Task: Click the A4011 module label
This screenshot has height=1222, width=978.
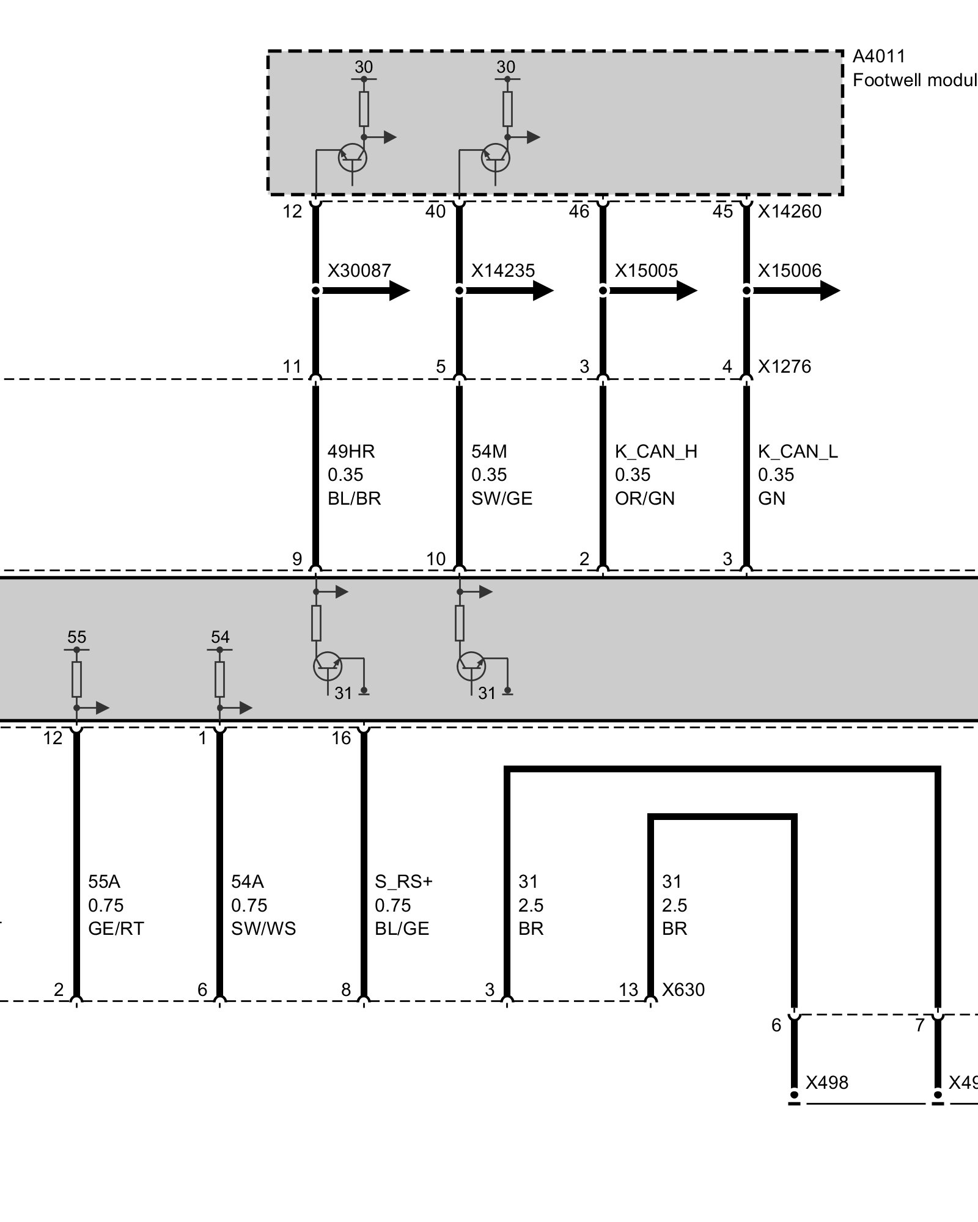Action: [878, 56]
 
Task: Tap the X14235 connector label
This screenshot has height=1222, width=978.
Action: [502, 270]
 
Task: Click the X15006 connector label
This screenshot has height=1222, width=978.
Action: [790, 270]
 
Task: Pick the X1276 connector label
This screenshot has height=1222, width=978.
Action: [784, 367]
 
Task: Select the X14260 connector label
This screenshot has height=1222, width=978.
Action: [790, 211]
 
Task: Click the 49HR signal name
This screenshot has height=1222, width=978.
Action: [351, 452]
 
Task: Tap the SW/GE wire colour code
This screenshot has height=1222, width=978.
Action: [502, 499]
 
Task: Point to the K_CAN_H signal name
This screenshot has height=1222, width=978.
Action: [656, 452]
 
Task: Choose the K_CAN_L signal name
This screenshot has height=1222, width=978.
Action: [798, 452]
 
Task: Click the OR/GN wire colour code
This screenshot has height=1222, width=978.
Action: [645, 499]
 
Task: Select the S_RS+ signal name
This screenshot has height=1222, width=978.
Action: [403, 882]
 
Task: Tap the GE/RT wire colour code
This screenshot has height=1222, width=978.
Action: [116, 929]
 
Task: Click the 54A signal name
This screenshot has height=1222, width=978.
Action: [248, 882]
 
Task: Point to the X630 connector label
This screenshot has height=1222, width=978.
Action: [683, 990]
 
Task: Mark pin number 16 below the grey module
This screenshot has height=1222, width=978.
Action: [341, 738]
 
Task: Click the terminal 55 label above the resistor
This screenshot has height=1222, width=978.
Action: [76, 637]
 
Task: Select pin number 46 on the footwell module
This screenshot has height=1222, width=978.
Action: [579, 211]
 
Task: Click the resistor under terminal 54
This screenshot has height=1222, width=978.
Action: [219, 679]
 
